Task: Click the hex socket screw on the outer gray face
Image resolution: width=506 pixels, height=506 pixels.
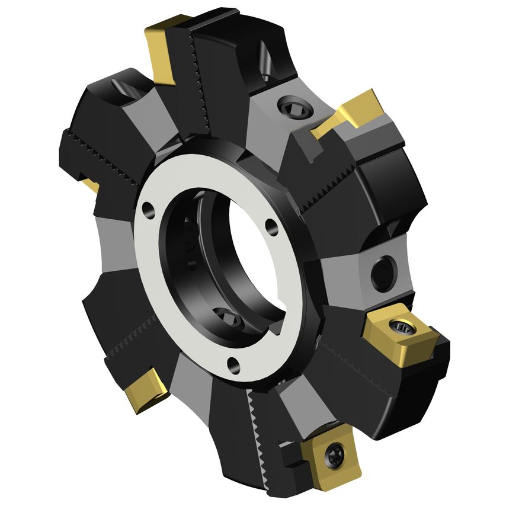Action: (x=294, y=108)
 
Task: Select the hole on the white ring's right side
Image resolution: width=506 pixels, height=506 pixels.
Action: (x=271, y=226)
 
